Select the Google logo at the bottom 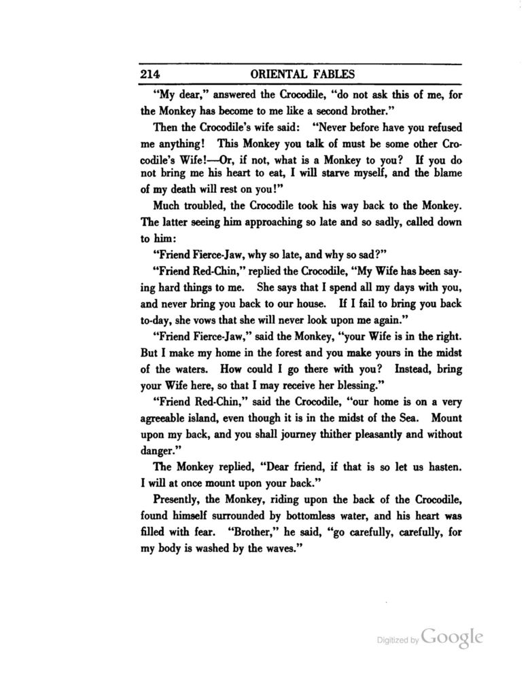coord(452,636)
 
